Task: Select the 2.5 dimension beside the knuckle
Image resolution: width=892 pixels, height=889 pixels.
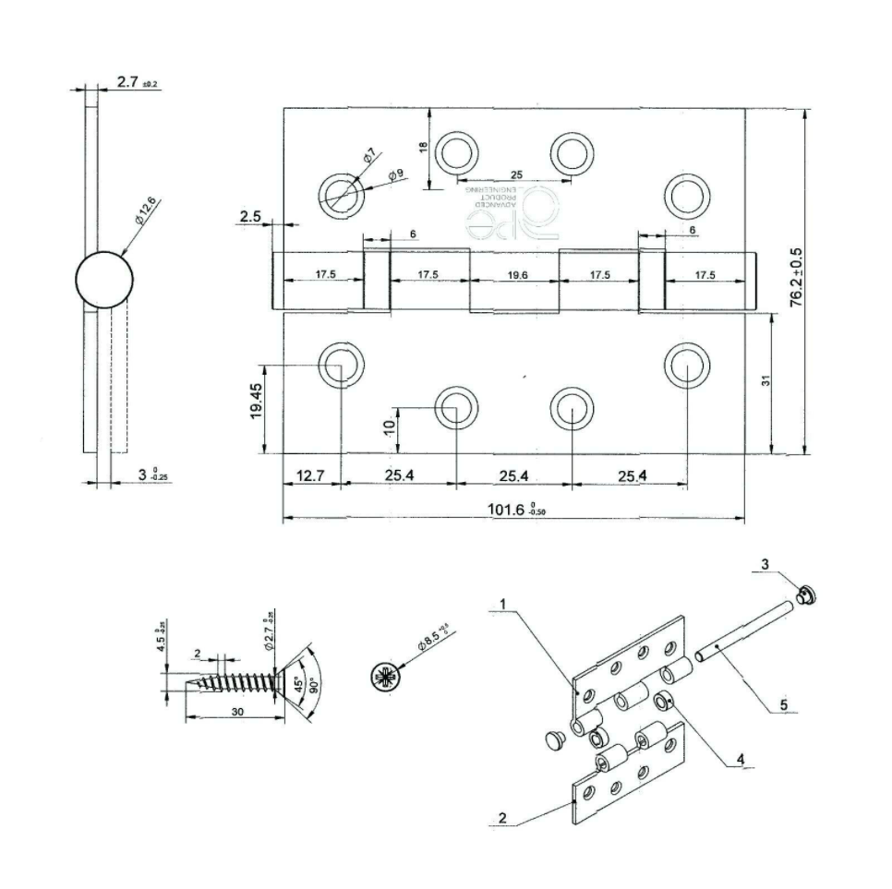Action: coord(250,217)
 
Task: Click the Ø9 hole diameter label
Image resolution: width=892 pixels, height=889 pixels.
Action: coord(395,174)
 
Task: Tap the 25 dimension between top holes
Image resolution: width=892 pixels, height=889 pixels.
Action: coord(515,174)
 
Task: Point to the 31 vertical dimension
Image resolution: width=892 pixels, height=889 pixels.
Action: coord(765,380)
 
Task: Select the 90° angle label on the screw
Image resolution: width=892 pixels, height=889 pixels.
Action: coord(315,688)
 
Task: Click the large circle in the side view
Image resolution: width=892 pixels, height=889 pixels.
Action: coord(102,280)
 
